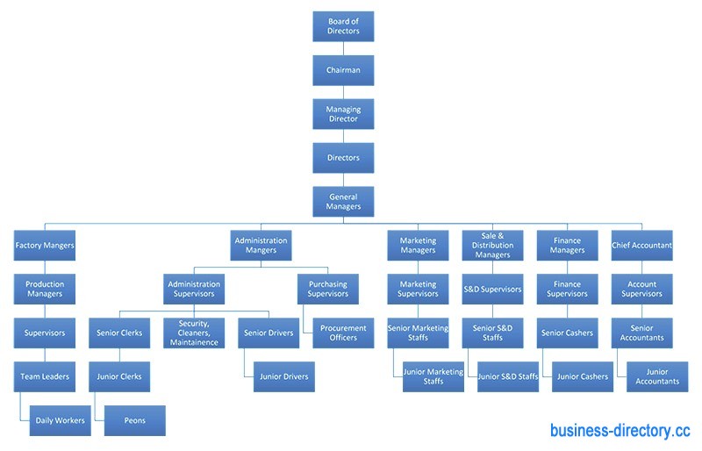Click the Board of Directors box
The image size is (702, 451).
pyautogui.click(x=343, y=26)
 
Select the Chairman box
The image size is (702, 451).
pyautogui.click(x=343, y=70)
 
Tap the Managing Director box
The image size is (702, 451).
pyautogui.click(x=343, y=114)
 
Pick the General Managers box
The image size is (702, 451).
pyautogui.click(x=343, y=202)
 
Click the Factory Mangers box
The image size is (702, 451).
pyautogui.click(x=45, y=246)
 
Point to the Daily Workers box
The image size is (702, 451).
pyautogui.click(x=61, y=420)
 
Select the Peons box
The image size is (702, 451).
pyautogui.click(x=134, y=420)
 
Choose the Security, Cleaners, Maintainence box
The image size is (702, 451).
pyautogui.click(x=194, y=333)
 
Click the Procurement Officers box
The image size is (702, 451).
pyautogui.click(x=343, y=333)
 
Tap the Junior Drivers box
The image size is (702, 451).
pyautogui.click(x=283, y=376)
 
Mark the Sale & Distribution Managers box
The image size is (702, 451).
pyautogui.click(x=492, y=246)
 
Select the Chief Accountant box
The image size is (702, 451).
pyautogui.click(x=642, y=246)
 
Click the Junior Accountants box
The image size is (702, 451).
pyautogui.click(x=657, y=376)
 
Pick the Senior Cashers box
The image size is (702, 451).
pyautogui.click(x=567, y=333)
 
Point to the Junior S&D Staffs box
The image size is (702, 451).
pyautogui.click(x=508, y=376)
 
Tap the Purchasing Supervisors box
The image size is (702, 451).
pyautogui.click(x=328, y=289)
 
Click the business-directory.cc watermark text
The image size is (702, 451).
pyautogui.click(x=620, y=431)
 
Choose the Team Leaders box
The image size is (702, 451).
pyautogui.click(x=45, y=376)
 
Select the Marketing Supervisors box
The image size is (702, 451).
pyautogui.click(x=418, y=289)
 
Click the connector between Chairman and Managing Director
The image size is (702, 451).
pyautogui.click(x=343, y=92)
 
